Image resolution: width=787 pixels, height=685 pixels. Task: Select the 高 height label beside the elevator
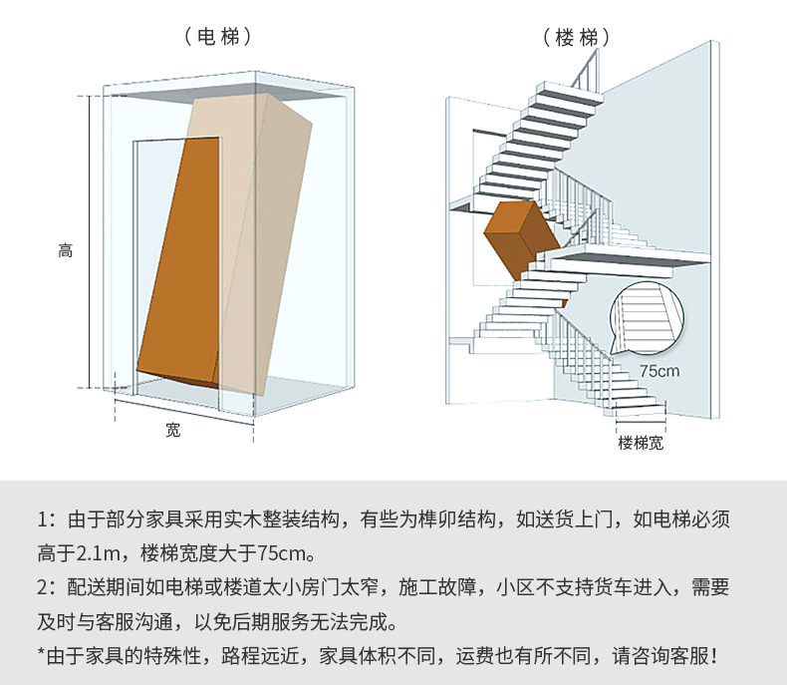click(x=66, y=251)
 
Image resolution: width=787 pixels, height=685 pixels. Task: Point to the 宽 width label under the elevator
click(x=173, y=431)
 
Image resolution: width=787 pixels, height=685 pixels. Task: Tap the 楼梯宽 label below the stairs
click(x=640, y=442)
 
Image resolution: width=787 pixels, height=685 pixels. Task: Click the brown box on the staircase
click(x=520, y=237)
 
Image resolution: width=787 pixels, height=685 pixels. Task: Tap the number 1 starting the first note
click(x=43, y=519)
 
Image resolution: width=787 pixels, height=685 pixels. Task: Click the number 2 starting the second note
click(x=43, y=587)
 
